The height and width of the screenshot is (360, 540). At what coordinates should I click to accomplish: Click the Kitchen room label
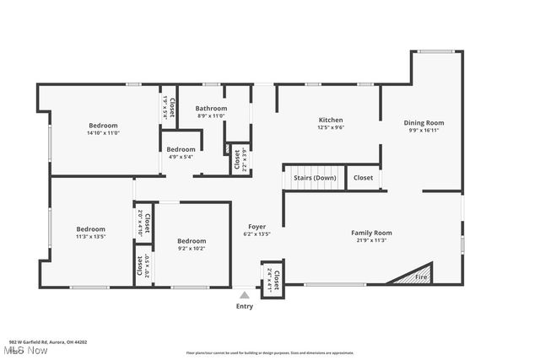(x=330, y=120)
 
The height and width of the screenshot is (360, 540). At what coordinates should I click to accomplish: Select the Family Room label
(x=372, y=232)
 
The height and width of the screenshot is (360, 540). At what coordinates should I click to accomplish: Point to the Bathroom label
(x=211, y=108)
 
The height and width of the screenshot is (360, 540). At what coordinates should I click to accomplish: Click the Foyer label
(x=256, y=227)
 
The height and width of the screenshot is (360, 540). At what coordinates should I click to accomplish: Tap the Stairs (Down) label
(x=315, y=178)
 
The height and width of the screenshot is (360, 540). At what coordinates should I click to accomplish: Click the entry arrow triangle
(x=245, y=295)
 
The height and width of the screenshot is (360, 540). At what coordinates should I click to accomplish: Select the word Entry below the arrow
(x=245, y=306)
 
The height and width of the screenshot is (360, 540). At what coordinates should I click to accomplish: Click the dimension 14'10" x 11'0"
(x=103, y=132)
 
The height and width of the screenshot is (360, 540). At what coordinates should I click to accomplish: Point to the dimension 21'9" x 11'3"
(x=372, y=240)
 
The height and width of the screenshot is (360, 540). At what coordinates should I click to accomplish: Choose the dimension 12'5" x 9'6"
(x=330, y=127)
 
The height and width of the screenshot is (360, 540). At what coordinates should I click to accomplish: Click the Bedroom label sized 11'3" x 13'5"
(x=90, y=228)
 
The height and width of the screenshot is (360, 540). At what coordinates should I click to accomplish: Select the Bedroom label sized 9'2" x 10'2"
(x=192, y=240)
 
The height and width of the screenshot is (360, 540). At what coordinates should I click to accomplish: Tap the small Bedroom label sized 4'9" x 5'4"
(x=181, y=149)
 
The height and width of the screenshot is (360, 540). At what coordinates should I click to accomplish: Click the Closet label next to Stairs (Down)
(x=363, y=178)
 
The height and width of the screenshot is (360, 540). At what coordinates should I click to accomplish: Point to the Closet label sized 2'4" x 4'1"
(x=276, y=275)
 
